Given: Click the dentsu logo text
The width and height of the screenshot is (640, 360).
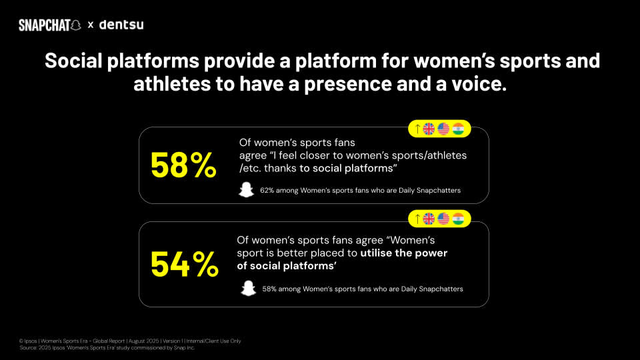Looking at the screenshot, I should (x=121, y=25).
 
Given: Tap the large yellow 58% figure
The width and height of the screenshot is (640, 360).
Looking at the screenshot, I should (x=183, y=166).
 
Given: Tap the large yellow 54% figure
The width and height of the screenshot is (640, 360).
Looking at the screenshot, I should (x=184, y=265).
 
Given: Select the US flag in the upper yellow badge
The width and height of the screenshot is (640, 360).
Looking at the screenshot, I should (x=443, y=129).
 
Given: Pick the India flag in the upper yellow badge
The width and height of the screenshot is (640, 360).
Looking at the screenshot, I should (x=458, y=129).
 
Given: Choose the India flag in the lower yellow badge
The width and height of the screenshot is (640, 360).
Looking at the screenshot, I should (x=458, y=219).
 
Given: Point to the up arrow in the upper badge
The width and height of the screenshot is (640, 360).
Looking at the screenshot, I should (x=417, y=129).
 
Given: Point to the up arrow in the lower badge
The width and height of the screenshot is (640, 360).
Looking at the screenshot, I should (x=417, y=219).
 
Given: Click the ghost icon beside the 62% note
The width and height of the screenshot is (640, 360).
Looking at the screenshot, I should (x=247, y=190).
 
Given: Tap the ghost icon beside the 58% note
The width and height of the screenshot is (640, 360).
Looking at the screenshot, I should (x=248, y=289).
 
